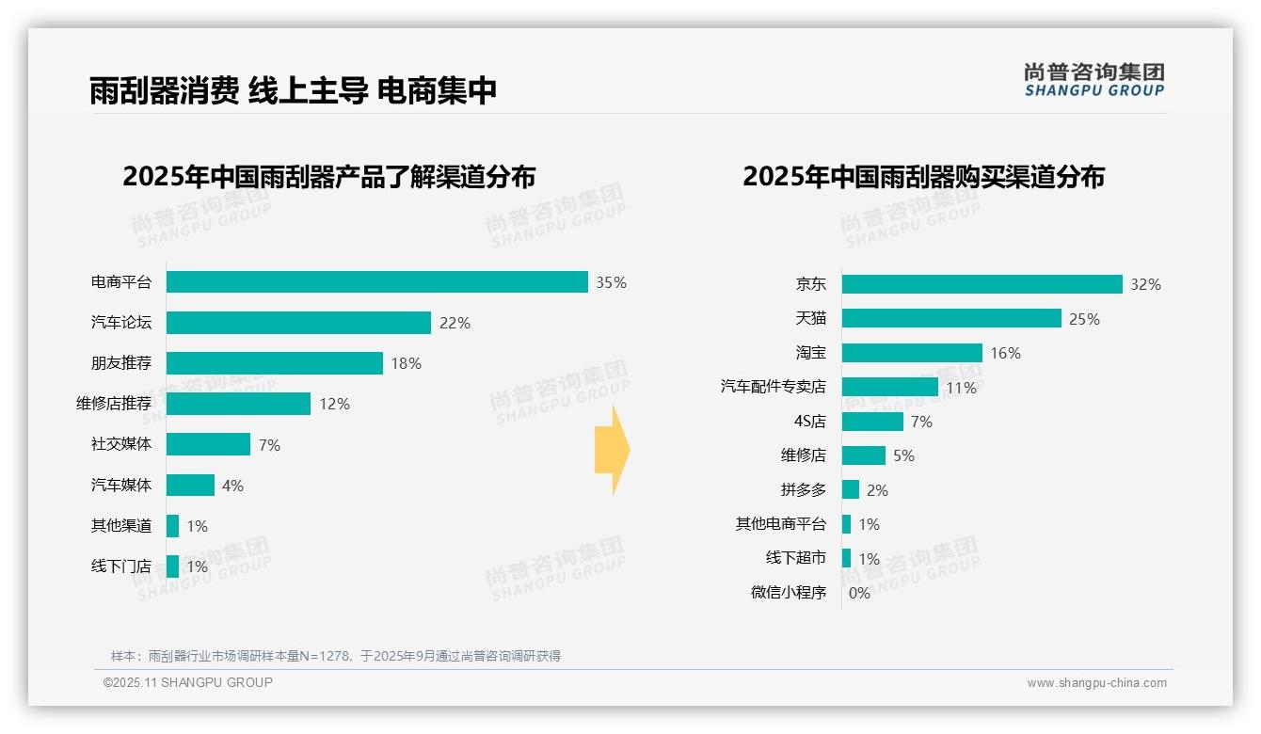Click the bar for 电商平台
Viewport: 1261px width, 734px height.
[376, 282]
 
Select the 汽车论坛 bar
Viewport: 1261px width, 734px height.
[298, 323]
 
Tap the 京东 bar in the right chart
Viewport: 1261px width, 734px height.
[982, 284]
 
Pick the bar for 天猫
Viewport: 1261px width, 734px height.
[951, 318]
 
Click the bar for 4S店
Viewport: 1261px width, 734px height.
[872, 422]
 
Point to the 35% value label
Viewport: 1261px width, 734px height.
[611, 282]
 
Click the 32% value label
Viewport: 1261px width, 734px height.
[1145, 284]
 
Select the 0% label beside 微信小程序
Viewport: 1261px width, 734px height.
[859, 593]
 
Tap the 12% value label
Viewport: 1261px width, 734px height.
[334, 404]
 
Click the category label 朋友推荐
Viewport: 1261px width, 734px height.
[121, 363]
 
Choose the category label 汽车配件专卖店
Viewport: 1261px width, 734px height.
[773, 387]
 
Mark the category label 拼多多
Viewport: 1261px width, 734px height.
[803, 490]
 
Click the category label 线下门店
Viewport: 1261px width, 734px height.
[121, 566]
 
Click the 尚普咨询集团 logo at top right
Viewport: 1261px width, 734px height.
[1093, 79]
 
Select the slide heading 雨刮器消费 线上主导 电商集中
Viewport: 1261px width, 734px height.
[293, 90]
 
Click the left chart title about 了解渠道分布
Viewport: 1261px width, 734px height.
[328, 176]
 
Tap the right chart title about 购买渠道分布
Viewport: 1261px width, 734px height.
[923, 176]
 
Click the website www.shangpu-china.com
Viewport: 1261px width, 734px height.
[1096, 683]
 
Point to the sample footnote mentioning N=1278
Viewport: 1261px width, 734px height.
[336, 656]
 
